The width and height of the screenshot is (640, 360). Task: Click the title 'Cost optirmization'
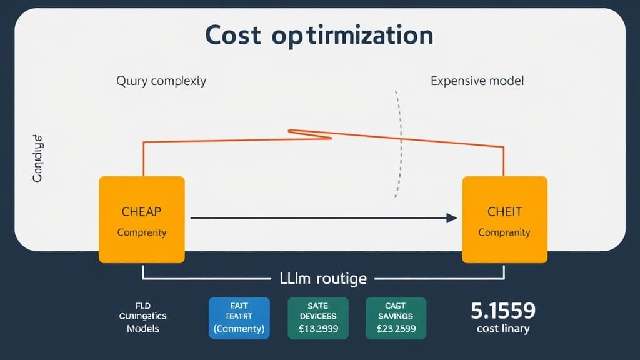[x=319, y=36]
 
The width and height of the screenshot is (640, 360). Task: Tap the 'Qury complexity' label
[x=161, y=81]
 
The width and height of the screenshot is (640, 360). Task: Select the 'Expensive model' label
[x=477, y=81]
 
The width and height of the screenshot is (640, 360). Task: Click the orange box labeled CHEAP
[x=142, y=219]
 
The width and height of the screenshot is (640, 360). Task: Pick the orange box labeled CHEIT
[x=504, y=219]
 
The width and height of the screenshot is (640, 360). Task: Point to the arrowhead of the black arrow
[x=452, y=218]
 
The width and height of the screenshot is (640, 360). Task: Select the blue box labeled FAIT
[x=238, y=317]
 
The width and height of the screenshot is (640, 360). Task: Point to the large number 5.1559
[x=503, y=310]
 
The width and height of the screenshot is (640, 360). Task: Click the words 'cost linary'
[x=503, y=329]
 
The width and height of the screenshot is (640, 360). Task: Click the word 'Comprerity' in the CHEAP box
[x=142, y=232]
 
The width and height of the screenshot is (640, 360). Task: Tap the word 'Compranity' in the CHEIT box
[x=504, y=232]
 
